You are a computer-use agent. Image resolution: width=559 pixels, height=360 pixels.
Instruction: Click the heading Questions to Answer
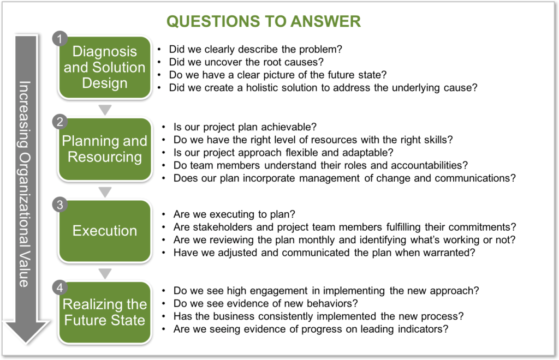pos(264,21)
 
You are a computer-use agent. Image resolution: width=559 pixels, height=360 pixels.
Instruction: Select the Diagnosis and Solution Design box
pos(105,67)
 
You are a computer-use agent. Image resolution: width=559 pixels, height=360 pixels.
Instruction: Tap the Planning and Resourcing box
pos(105,149)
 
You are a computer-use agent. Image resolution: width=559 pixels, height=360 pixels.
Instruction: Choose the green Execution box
pos(105,231)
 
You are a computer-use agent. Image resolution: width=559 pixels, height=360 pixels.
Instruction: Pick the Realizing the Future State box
pos(105,313)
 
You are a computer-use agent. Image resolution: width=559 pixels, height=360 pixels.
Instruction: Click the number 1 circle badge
pos(60,39)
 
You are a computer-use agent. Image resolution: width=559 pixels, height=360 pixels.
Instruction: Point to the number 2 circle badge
pos(60,122)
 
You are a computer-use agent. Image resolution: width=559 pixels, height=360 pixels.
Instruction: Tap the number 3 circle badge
pos(60,205)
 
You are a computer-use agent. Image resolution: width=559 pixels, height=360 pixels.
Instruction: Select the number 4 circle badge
pos(60,287)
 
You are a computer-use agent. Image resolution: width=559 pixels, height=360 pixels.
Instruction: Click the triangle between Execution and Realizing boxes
pos(105,273)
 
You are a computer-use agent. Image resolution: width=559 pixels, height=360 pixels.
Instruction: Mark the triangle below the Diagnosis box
pos(105,110)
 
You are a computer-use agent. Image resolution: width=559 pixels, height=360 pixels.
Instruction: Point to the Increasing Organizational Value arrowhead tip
pos(26,344)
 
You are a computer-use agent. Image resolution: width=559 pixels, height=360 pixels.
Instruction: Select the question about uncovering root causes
pos(246,62)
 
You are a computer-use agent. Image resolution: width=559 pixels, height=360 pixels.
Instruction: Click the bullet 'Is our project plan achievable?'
pos(245,127)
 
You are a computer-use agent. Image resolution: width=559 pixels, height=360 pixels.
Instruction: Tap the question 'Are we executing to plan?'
pos(234,214)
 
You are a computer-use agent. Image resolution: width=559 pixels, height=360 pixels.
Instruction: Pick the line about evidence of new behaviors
pos(266,303)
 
